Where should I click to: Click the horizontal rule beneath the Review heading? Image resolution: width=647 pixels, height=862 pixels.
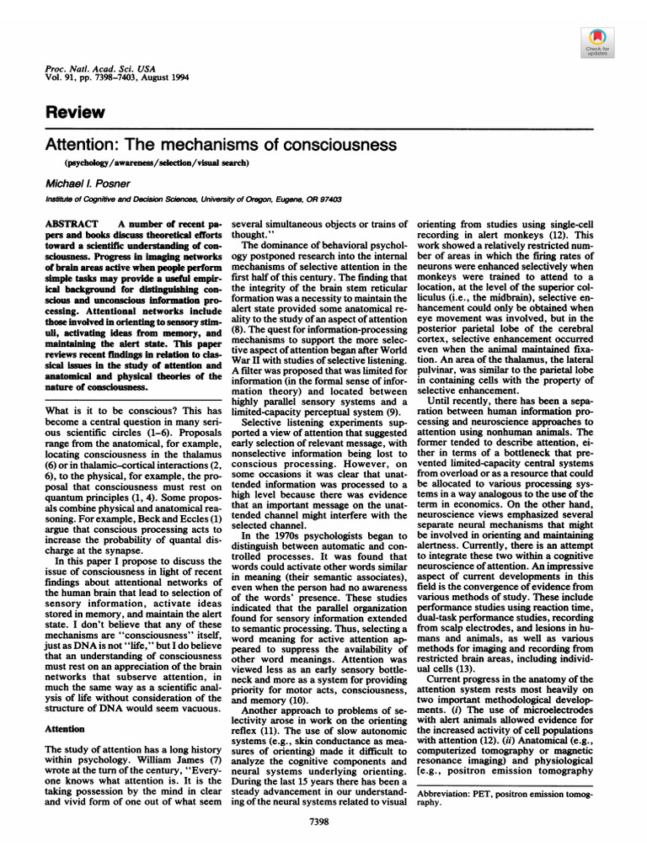click(323, 129)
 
